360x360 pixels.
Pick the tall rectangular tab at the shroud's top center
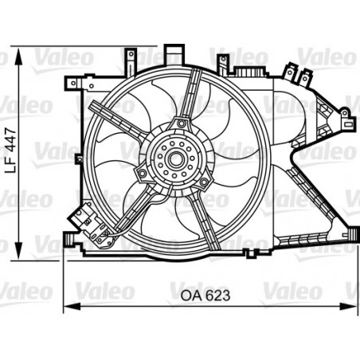click(172, 53)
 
